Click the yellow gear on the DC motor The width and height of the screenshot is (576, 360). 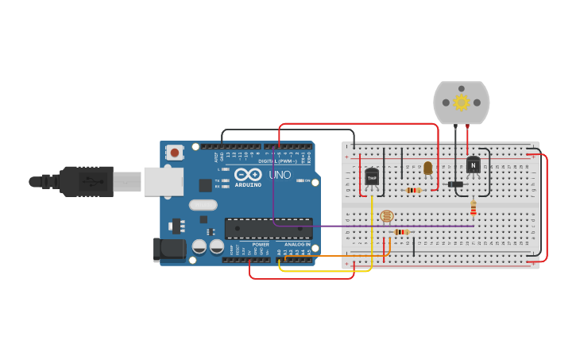point(462,102)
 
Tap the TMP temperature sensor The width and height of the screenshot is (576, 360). point(372,177)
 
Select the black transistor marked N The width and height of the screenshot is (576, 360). point(473,165)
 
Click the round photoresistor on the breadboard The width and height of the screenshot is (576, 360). point(387,215)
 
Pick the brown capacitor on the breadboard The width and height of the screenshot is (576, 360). point(428,168)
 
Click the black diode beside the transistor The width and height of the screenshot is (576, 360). point(455,184)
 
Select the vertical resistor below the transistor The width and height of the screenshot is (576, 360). point(474,207)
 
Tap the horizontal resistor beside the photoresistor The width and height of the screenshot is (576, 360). point(402,232)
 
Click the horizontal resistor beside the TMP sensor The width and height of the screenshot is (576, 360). point(413,190)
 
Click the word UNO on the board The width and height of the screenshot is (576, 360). point(280,175)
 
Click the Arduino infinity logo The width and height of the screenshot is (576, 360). point(248,174)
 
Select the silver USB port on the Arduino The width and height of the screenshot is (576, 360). point(163,181)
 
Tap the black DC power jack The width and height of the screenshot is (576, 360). point(169,250)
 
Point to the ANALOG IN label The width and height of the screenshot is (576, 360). point(296,245)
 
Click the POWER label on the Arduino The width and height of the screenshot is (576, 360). point(261,245)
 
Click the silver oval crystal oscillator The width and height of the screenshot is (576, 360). point(203,205)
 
